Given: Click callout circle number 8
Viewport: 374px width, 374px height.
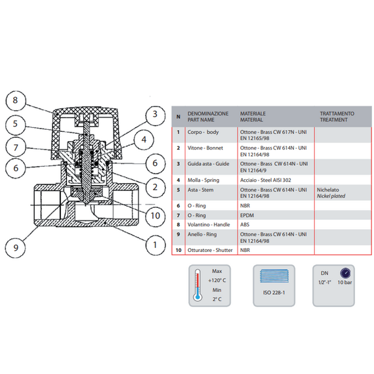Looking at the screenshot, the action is pos(16,100).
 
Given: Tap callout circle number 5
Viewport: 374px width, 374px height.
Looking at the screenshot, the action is pos(16,124).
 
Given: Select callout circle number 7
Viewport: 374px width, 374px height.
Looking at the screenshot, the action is pos(16,148).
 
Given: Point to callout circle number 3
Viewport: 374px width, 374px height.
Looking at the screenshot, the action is pos(156,114).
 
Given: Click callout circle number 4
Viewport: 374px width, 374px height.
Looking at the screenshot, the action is pos(144,140).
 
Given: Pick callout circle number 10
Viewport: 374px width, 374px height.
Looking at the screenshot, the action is pos(156,216).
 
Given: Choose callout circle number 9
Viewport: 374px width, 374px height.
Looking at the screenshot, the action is pos(16,247).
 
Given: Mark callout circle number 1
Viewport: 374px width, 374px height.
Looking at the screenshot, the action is pos(156,245).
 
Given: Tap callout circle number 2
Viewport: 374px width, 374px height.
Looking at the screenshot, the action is pos(156,187).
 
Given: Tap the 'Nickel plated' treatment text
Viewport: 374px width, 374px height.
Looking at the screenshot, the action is pos(331,196).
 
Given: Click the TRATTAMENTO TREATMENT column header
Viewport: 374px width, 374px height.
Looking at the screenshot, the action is pos(337,117).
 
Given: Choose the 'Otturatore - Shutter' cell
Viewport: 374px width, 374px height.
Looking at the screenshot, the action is pos(210,250).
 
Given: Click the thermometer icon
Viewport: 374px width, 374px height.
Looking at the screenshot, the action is pos(197,285).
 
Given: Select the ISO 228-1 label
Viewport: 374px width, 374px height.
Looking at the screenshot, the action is pos(274,293).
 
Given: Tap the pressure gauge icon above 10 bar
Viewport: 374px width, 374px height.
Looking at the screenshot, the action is pos(345,273).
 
